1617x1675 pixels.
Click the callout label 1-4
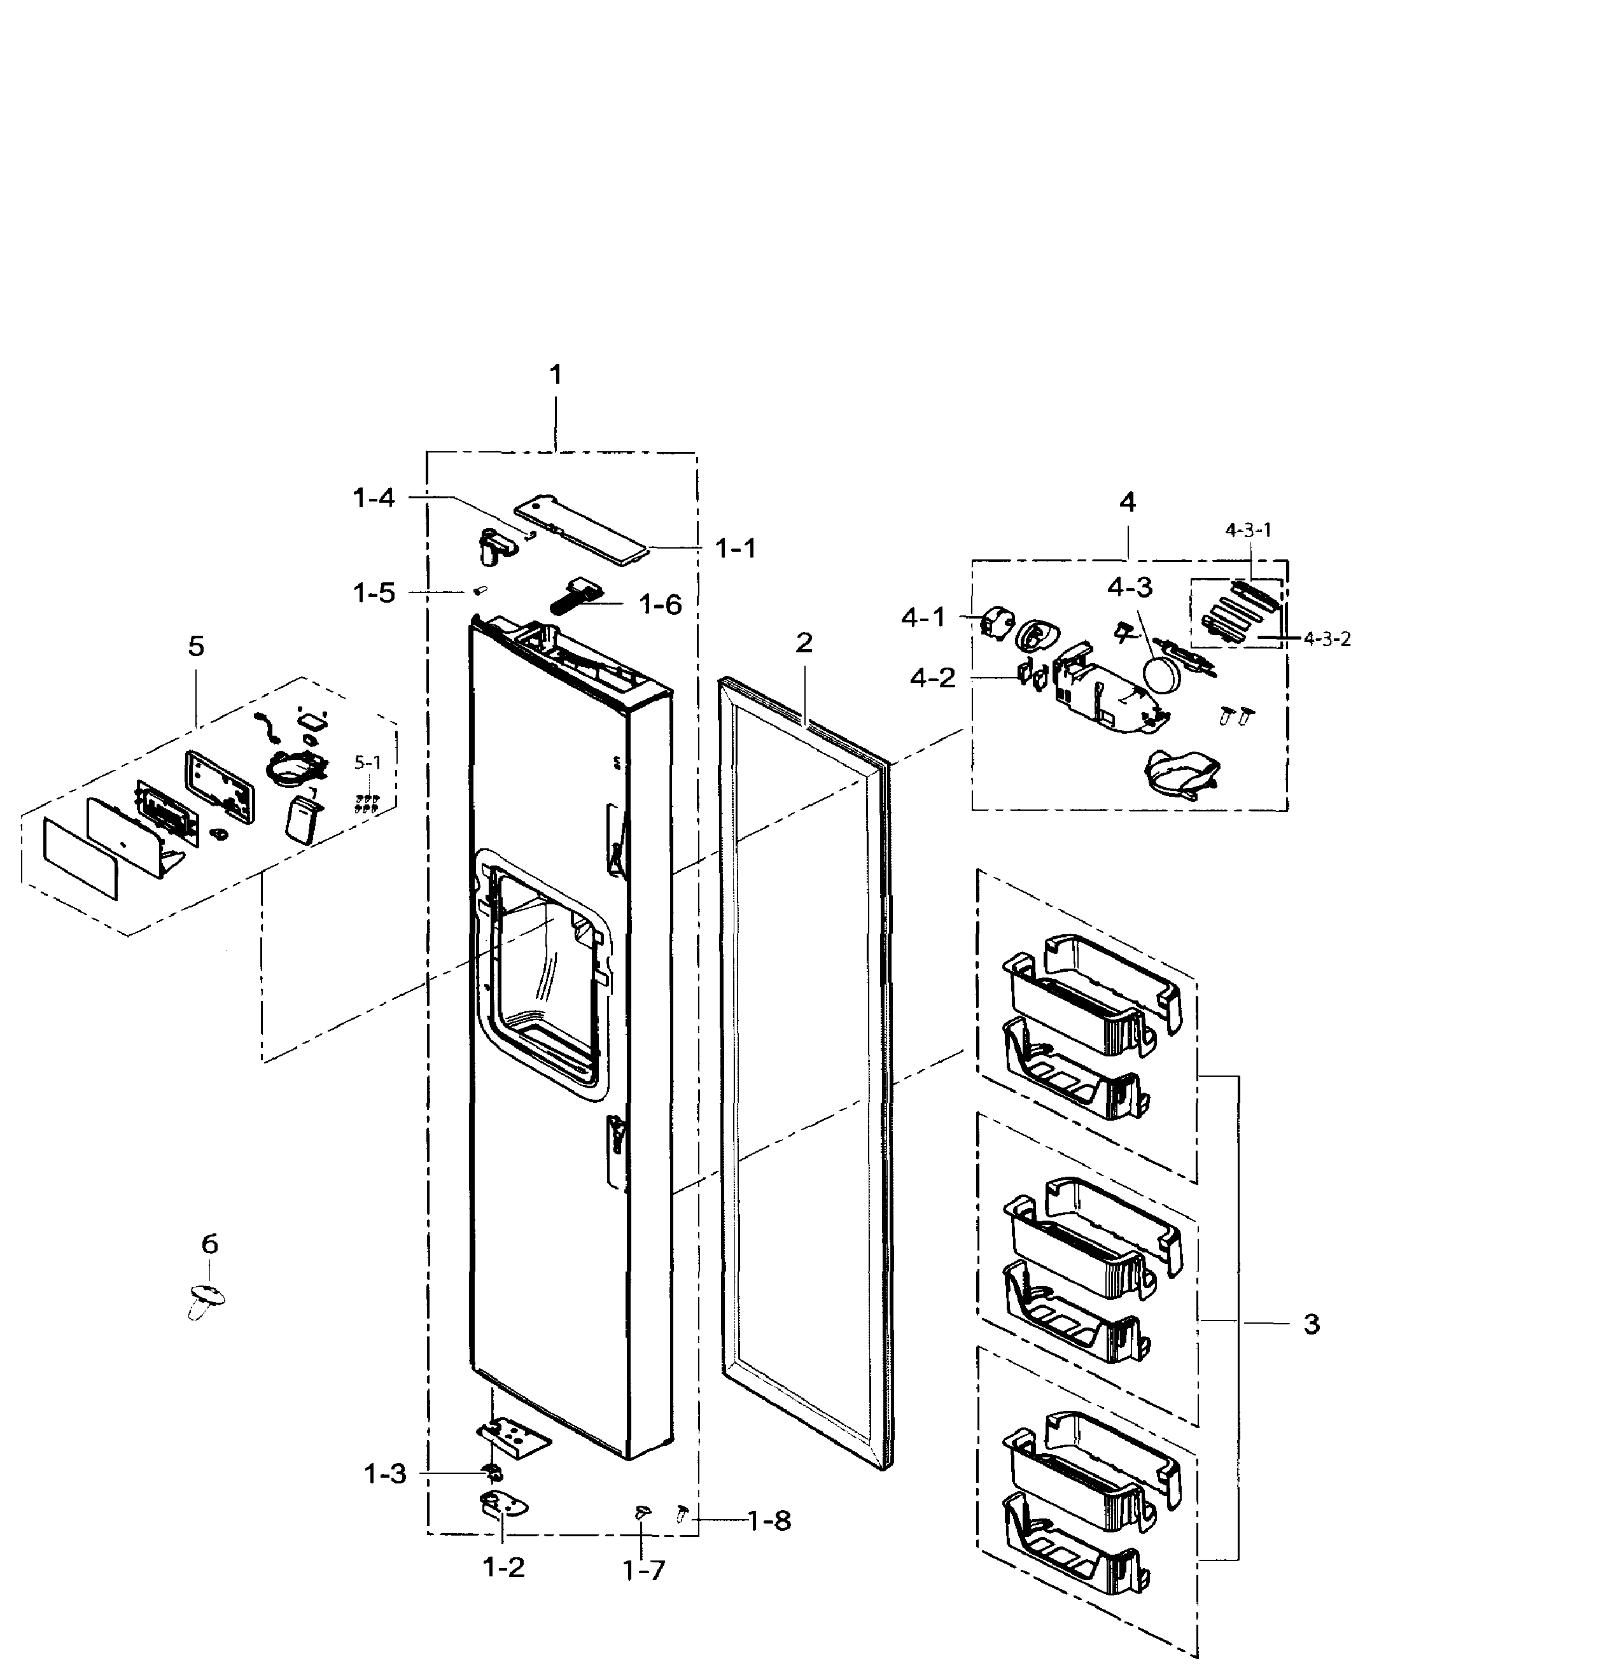tap(374, 498)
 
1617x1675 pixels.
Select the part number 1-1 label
tap(735, 549)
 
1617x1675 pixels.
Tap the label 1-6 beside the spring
tap(661, 605)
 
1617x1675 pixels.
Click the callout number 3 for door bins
tap(1311, 1324)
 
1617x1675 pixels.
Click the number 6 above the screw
tap(209, 1244)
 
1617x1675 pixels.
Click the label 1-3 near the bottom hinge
tap(386, 1474)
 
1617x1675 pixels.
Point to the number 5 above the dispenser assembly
tap(196, 647)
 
